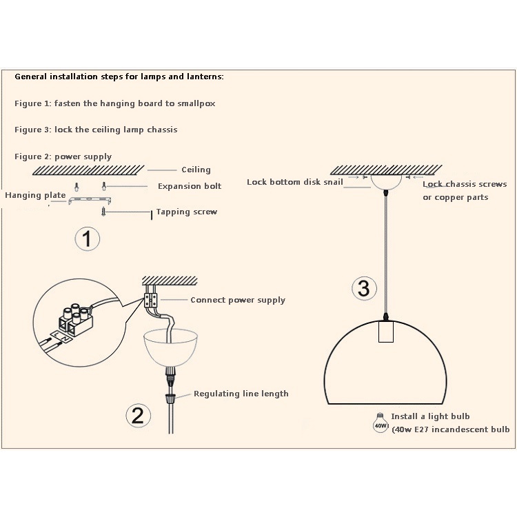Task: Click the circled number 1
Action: click(x=87, y=239)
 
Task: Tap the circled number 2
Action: click(x=138, y=416)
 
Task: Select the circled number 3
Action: click(x=364, y=288)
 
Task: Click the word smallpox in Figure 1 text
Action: click(x=196, y=103)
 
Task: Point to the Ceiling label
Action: click(x=196, y=170)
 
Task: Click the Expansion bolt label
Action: click(x=190, y=186)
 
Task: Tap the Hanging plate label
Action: click(x=35, y=195)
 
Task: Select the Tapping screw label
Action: click(x=187, y=212)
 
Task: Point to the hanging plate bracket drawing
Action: click(x=90, y=200)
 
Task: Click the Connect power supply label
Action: click(x=238, y=300)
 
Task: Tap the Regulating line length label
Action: click(x=241, y=394)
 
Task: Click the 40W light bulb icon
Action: click(x=380, y=423)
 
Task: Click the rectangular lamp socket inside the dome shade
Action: click(x=386, y=332)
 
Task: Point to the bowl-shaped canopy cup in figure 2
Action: click(x=170, y=349)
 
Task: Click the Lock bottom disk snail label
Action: click(x=295, y=182)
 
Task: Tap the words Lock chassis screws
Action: click(x=465, y=184)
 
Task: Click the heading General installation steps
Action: click(x=119, y=77)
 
